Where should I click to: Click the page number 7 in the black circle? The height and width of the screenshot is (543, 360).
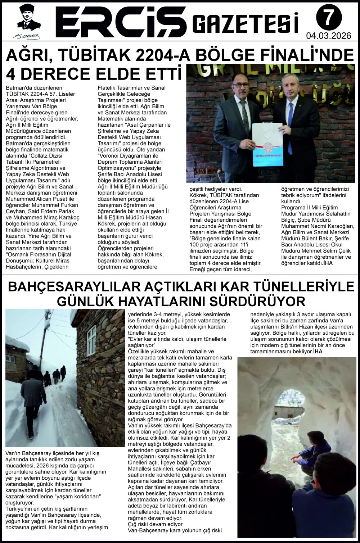(328, 18)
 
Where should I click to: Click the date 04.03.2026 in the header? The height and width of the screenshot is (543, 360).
(328, 36)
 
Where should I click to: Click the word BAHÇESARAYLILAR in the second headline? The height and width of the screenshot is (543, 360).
(74, 287)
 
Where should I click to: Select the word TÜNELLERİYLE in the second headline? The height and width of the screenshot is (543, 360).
(308, 287)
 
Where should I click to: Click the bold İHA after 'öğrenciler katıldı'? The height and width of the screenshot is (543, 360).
(328, 263)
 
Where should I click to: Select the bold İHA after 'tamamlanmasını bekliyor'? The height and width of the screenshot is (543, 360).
(318, 351)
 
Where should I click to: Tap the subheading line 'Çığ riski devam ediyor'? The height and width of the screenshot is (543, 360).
(156, 524)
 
